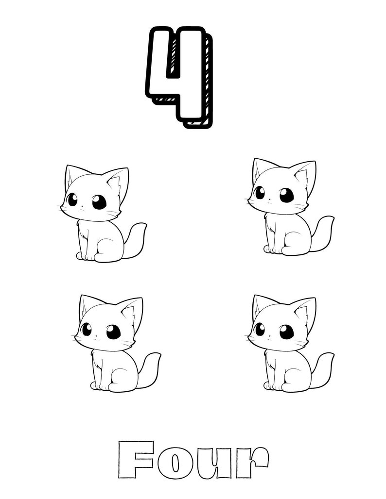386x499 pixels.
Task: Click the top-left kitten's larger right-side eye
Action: (99, 202)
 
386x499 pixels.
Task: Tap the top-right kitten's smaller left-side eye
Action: (260, 193)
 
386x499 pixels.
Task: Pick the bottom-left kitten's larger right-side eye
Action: (113, 332)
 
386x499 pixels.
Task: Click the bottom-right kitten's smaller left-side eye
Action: (260, 329)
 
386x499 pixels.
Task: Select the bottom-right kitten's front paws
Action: (274, 385)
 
